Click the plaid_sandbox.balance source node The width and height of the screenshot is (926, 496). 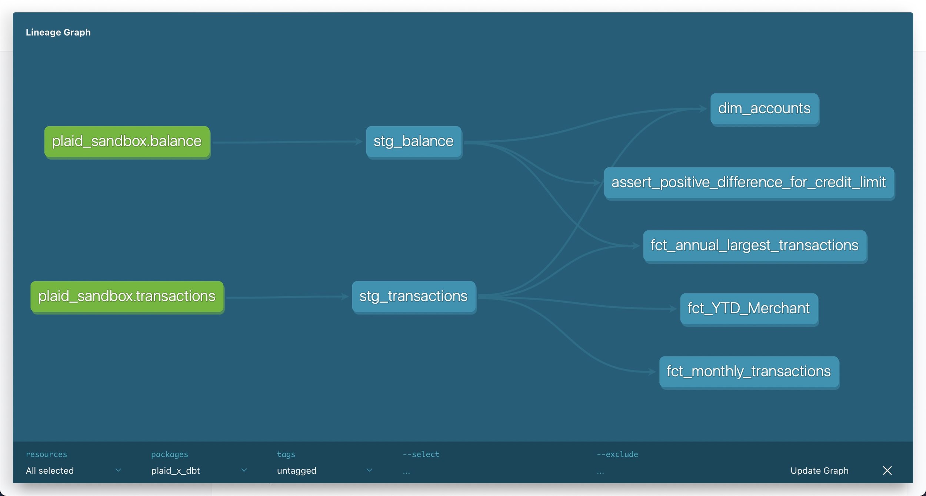[x=127, y=142]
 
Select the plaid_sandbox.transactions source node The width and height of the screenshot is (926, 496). [x=127, y=297]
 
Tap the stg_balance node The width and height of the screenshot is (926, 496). [x=414, y=142]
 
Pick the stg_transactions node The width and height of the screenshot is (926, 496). [x=414, y=297]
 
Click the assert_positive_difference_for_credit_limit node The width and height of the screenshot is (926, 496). [x=749, y=183]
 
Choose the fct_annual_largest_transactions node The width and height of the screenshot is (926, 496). [x=755, y=246]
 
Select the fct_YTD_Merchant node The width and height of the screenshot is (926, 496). [x=749, y=309]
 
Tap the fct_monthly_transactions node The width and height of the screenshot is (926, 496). [x=749, y=372]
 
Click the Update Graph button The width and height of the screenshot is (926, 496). [x=819, y=470]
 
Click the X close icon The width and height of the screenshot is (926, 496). [x=887, y=470]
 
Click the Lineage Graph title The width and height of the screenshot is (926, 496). [x=58, y=32]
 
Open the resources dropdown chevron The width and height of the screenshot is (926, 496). [x=118, y=470]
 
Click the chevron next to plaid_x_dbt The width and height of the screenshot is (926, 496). [x=244, y=470]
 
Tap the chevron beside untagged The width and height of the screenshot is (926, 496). [x=369, y=470]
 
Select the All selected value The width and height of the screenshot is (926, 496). [x=50, y=470]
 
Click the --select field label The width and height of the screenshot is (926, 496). [x=421, y=454]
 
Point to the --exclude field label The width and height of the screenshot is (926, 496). [x=617, y=454]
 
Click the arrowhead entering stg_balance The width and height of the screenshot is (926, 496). [x=359, y=141]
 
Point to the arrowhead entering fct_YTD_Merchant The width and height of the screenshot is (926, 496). [x=673, y=309]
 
